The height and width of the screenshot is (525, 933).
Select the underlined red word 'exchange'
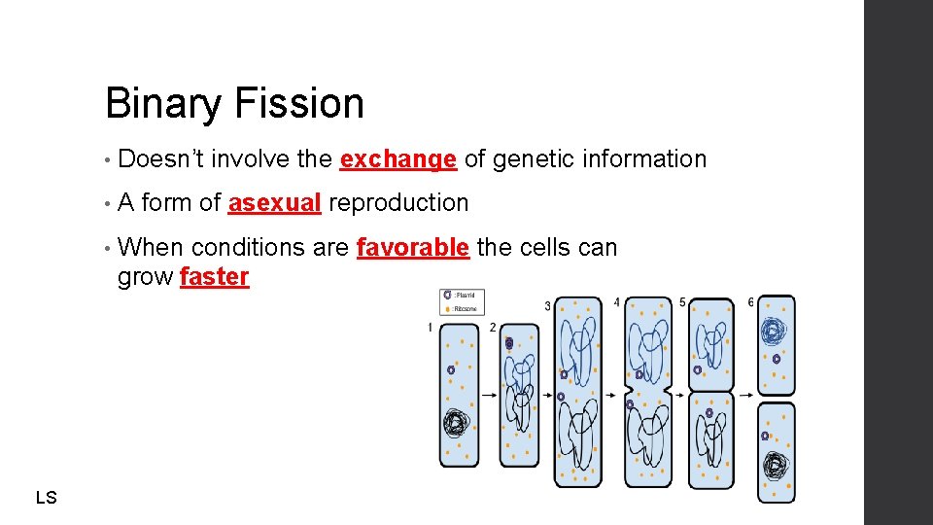point(398,159)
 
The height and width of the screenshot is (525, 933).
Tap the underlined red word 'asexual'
point(274,203)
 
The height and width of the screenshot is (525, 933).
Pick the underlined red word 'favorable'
point(413,248)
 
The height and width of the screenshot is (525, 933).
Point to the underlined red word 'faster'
point(215,277)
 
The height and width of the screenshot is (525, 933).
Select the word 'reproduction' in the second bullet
point(398,203)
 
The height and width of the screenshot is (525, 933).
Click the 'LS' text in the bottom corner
point(46,498)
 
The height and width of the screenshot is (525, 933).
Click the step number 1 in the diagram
point(430,329)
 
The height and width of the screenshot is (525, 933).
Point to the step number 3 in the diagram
point(547,306)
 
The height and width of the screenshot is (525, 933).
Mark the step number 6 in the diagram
point(750,302)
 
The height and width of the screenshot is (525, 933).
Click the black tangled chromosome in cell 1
point(456,423)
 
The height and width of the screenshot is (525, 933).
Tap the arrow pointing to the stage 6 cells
point(745,396)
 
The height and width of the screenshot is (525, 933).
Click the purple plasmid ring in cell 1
point(451,370)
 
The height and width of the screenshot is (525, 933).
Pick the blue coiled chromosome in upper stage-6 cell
point(773,332)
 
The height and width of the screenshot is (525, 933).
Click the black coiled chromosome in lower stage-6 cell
point(775,466)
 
